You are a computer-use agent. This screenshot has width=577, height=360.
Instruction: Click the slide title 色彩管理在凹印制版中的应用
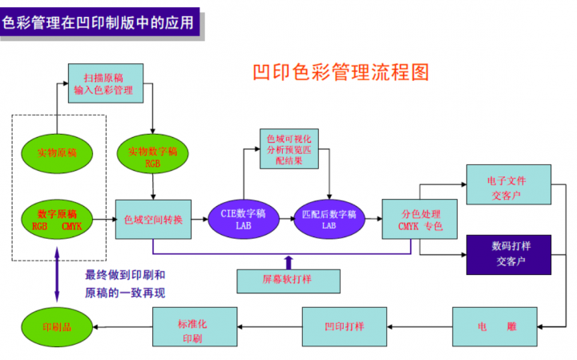click(x=99, y=22)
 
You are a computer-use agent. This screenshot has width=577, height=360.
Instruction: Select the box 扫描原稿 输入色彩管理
click(x=106, y=83)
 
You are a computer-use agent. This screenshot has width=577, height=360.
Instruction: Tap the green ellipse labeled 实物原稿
click(x=56, y=152)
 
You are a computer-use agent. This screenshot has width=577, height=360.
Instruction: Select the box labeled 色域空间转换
click(x=154, y=219)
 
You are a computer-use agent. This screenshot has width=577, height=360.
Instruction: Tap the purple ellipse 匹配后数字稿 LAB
click(x=329, y=219)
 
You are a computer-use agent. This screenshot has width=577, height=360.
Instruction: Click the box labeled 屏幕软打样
click(x=286, y=280)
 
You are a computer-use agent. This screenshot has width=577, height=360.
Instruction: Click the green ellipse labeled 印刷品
click(x=56, y=326)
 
